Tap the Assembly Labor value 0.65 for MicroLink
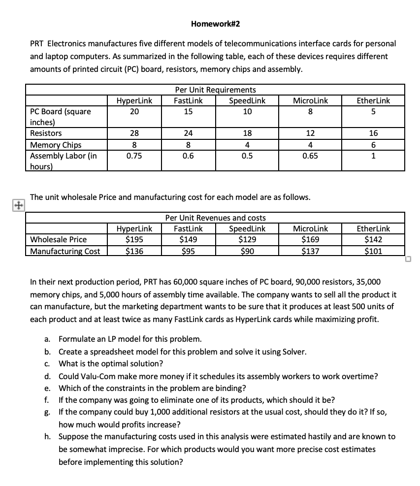point(311,156)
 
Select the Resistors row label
point(46,133)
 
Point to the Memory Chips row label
point(56,145)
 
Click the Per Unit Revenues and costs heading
point(215,218)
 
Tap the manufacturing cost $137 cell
point(311,251)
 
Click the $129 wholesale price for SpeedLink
point(247,240)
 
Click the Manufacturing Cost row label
point(65,251)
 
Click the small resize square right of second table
point(409,259)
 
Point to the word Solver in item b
point(293,352)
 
